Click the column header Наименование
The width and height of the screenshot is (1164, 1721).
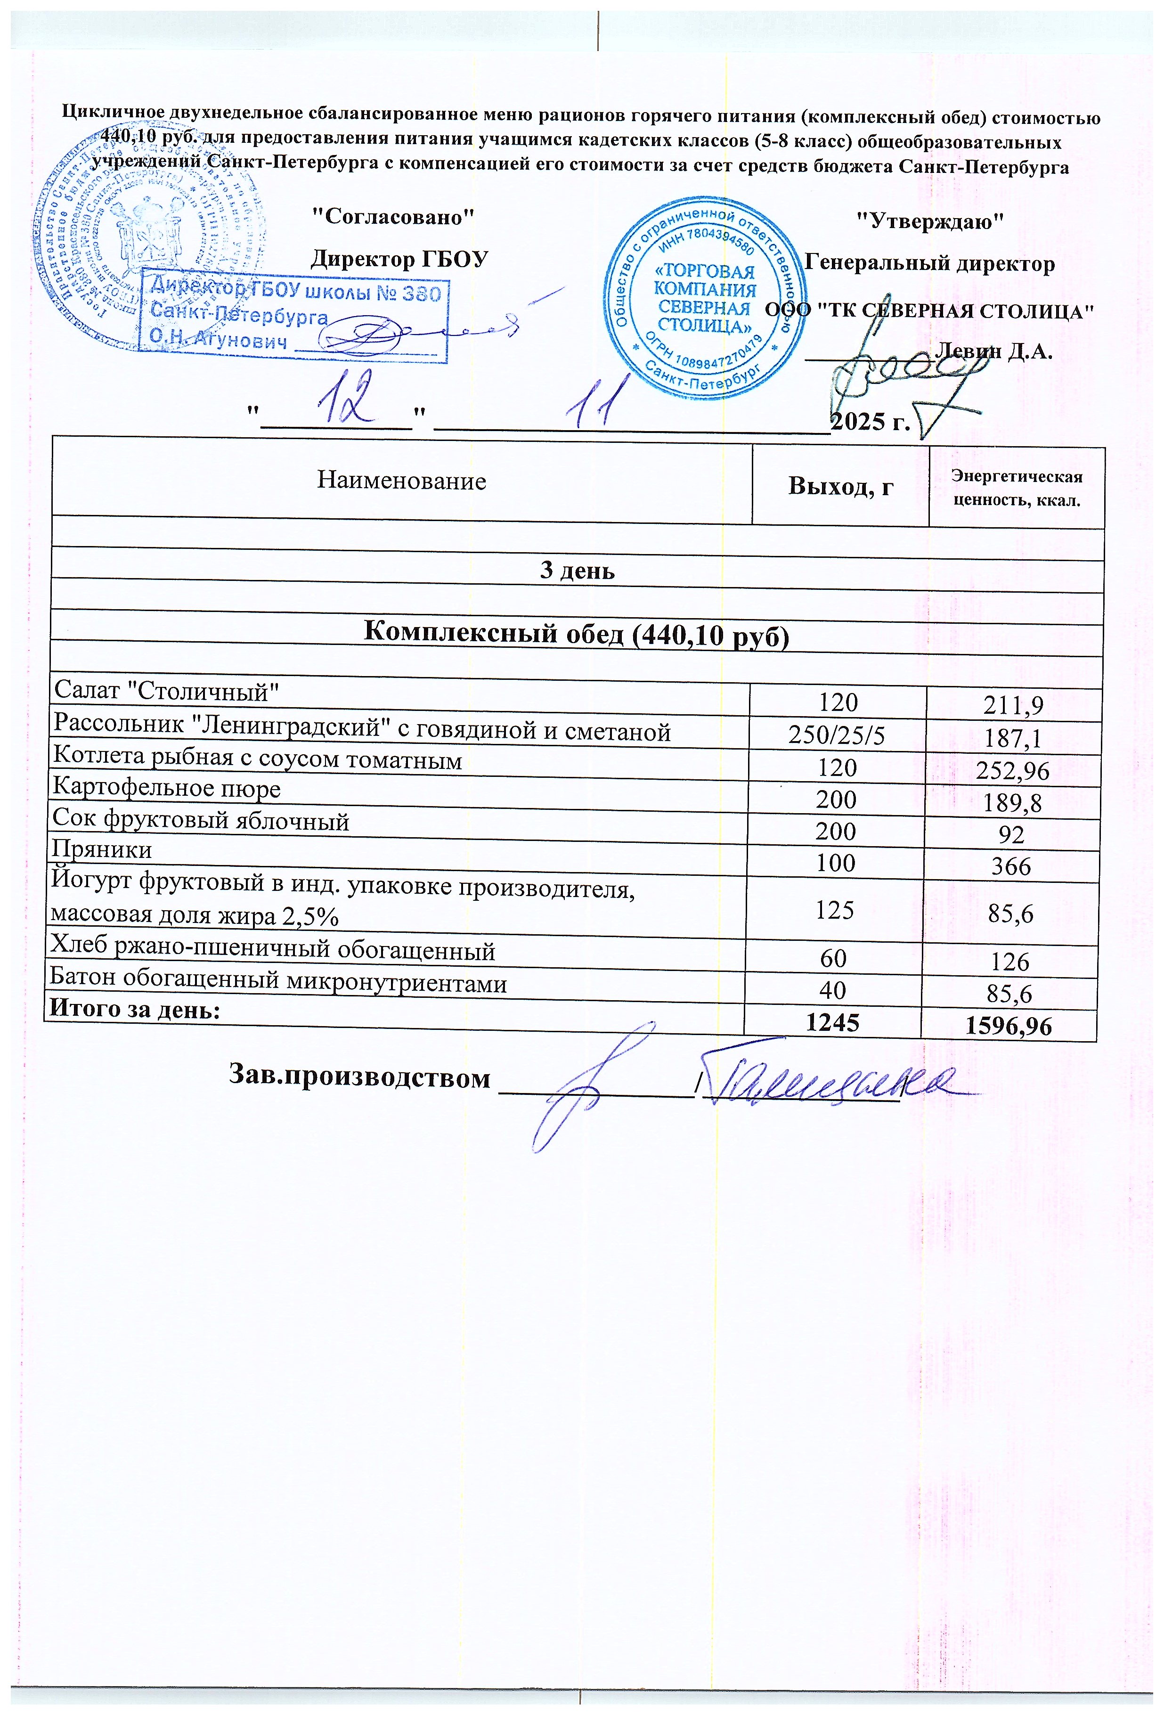(x=401, y=481)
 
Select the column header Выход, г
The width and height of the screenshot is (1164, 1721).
(x=840, y=486)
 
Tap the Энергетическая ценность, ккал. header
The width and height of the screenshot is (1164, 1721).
(x=1017, y=488)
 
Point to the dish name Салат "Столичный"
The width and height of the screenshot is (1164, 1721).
(x=167, y=692)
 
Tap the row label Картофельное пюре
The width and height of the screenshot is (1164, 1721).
(x=167, y=789)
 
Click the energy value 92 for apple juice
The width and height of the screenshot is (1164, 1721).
(x=1011, y=834)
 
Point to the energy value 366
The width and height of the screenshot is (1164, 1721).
(x=1011, y=866)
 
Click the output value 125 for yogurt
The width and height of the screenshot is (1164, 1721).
(x=835, y=910)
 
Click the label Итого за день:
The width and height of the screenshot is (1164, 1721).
(x=135, y=1009)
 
